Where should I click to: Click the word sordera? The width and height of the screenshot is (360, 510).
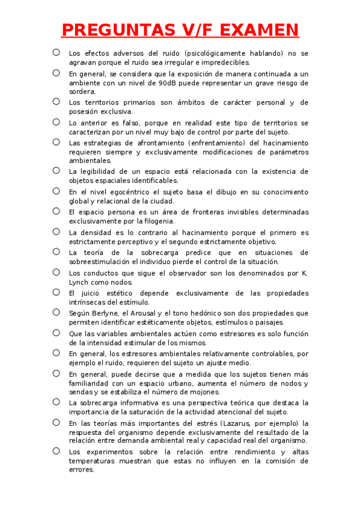tap(82, 92)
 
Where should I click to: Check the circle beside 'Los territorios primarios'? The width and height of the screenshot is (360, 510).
tap(56, 102)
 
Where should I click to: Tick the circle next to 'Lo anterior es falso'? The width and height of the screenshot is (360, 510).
tap(56, 122)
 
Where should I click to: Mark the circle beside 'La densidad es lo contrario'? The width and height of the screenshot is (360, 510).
tap(56, 231)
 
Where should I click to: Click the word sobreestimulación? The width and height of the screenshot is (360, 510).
tap(105, 262)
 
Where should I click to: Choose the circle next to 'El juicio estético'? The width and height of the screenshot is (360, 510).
tap(56, 292)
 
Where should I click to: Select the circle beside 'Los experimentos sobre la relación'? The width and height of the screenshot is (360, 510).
tap(56, 450)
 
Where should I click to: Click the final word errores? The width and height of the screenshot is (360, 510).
tap(82, 470)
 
